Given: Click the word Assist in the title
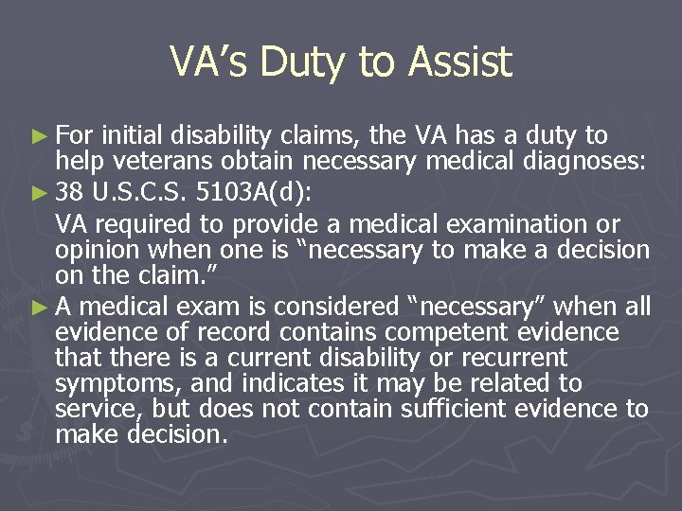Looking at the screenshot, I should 460,62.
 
